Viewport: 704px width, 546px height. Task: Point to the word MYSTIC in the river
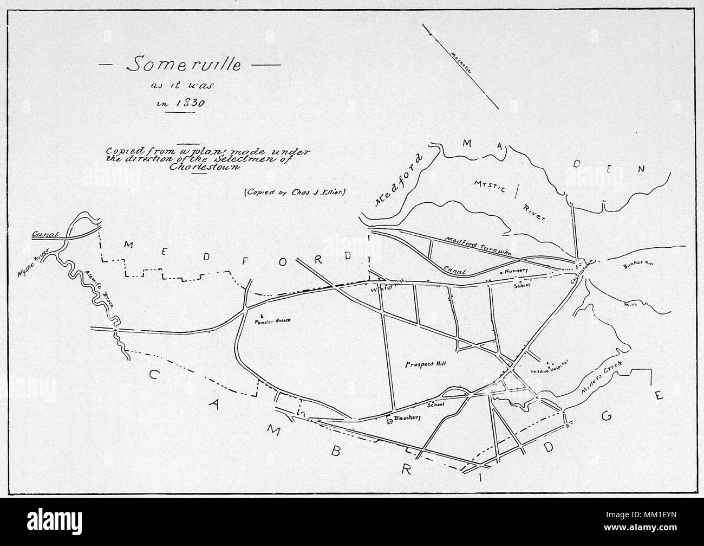490,189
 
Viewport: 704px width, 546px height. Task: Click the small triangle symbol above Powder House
261,314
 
